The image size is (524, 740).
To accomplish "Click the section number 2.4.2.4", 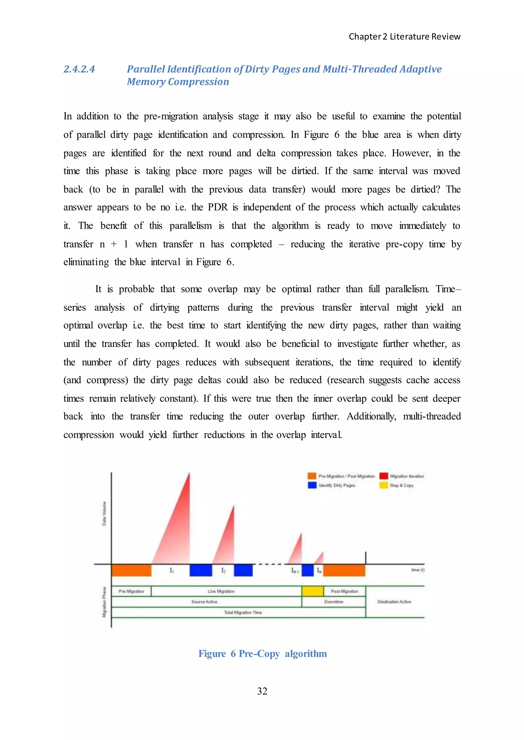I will point(79,69).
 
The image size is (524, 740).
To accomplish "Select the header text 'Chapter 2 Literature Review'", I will point(404,37).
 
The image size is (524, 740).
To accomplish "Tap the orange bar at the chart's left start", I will point(131,570).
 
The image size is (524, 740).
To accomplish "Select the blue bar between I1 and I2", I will point(201,570).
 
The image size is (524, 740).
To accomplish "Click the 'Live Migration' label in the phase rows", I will point(221,592).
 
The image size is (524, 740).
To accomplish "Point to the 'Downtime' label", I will point(334,602).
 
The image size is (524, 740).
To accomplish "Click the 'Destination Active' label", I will point(394,602).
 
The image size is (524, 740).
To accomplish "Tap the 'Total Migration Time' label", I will point(243,612).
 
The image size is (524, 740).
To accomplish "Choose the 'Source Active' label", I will point(204,602).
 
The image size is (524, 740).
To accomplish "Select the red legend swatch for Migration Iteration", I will point(384,476).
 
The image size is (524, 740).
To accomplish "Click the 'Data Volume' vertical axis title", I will point(104,513).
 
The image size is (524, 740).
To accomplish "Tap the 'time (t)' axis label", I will point(418,570).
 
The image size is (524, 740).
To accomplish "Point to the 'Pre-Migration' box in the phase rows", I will point(131,592).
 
